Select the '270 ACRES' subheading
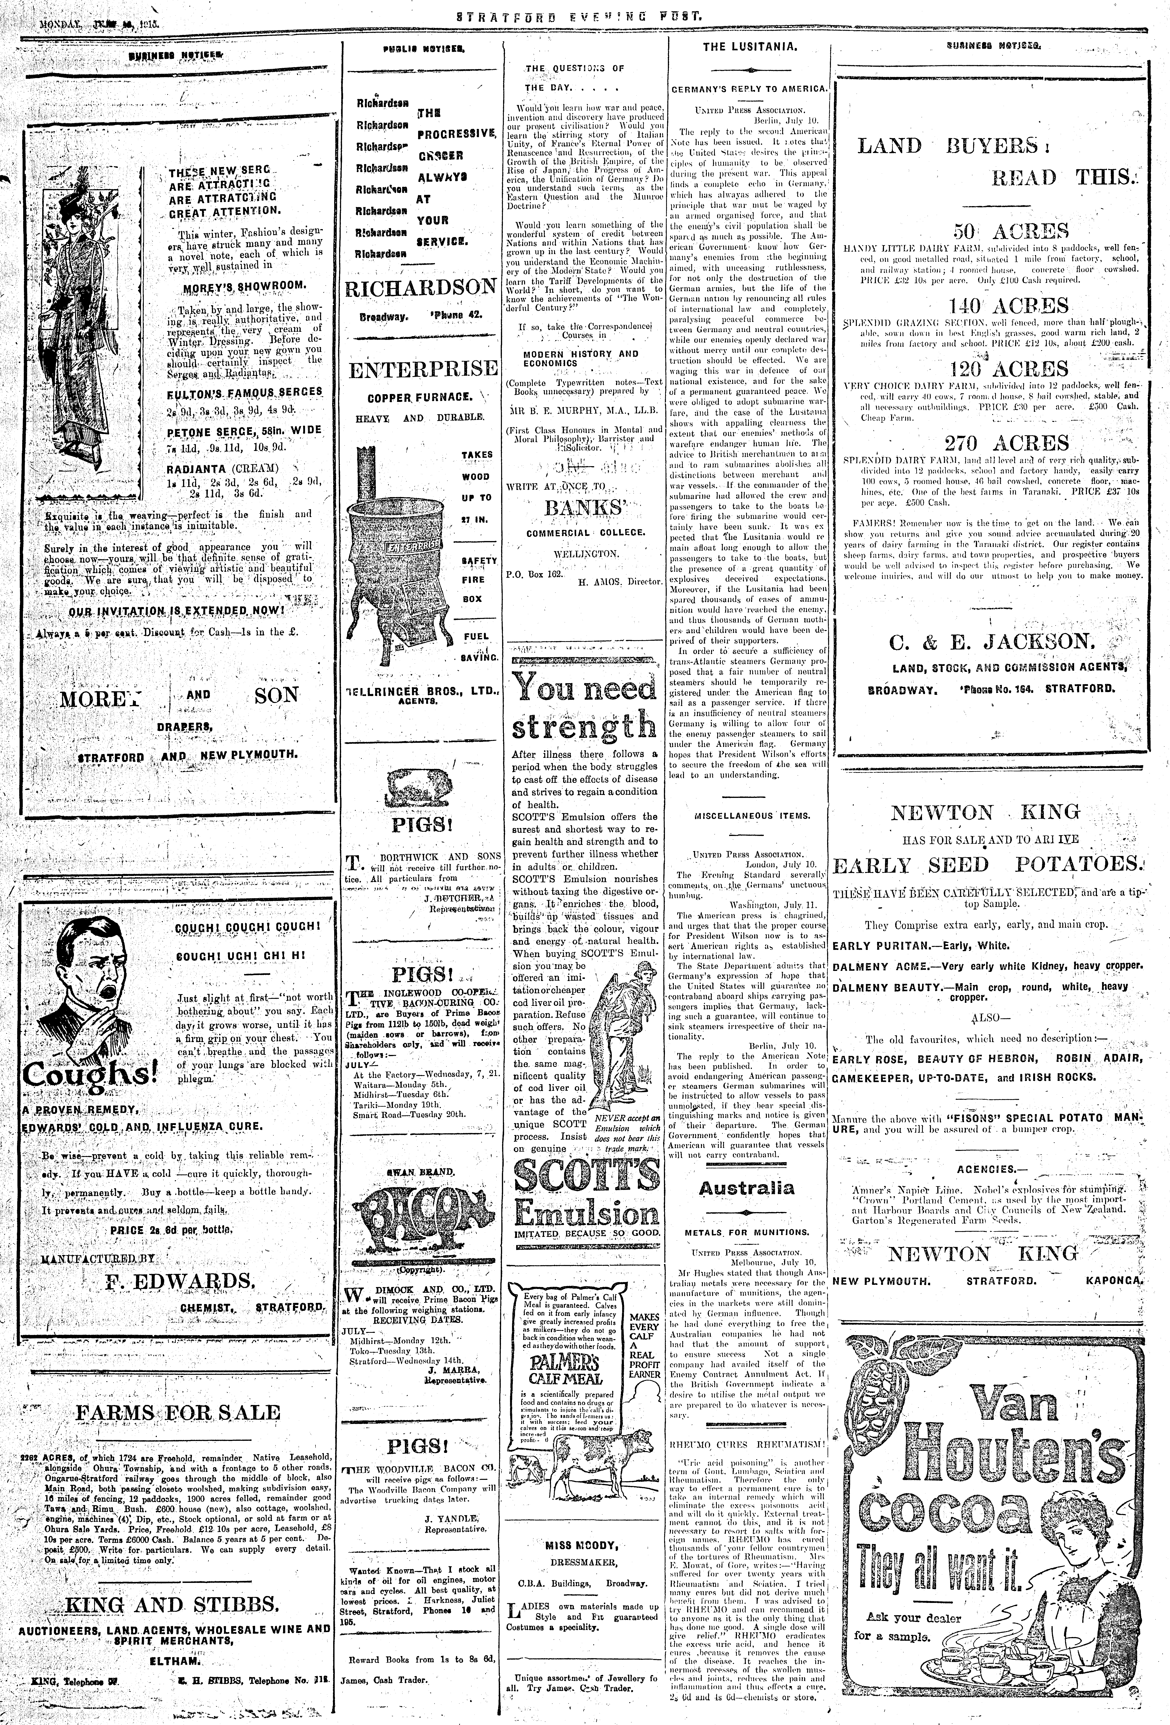[996, 443]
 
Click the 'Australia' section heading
[746, 1188]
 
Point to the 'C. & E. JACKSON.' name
[992, 641]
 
